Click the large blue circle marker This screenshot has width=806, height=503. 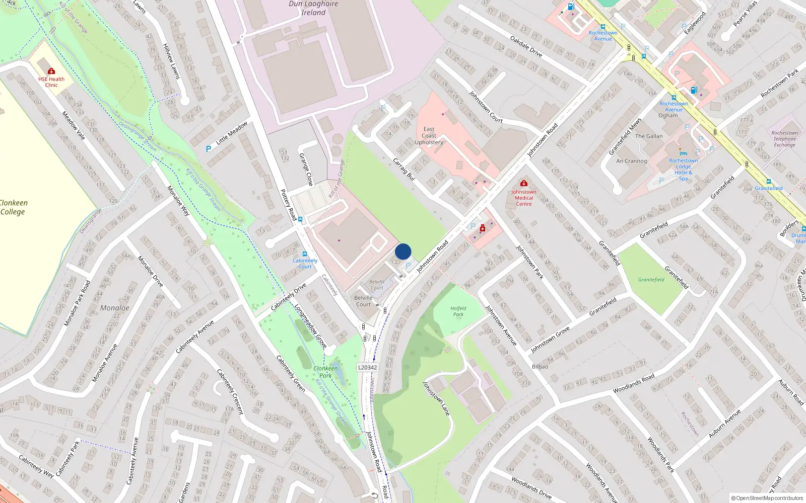(x=403, y=251)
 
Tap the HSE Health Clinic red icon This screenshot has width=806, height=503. (x=51, y=71)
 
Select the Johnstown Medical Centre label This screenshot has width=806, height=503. (x=524, y=198)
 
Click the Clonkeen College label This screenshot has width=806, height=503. (x=13, y=207)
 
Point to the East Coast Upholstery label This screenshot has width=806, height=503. (x=429, y=136)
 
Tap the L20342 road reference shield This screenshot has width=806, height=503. (x=367, y=367)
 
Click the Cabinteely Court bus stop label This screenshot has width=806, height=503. (x=305, y=263)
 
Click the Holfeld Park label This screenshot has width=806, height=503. (x=458, y=311)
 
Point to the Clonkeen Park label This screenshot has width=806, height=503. (x=325, y=372)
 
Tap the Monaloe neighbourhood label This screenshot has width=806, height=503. (x=115, y=308)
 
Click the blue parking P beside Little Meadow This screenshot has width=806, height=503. (x=209, y=149)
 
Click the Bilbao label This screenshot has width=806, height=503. (x=540, y=366)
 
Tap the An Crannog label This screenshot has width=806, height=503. (x=632, y=161)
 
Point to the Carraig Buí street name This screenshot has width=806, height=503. (x=404, y=170)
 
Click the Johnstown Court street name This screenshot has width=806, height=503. (x=486, y=107)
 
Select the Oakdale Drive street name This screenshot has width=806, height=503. (x=526, y=46)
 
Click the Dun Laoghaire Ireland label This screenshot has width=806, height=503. (x=313, y=8)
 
